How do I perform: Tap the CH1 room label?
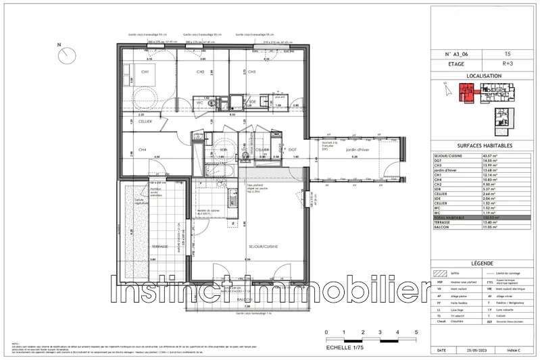click(x=145, y=72)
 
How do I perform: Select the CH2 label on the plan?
click(x=201, y=72)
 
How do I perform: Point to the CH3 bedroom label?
click(x=251, y=72)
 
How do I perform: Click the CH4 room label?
click(x=143, y=149)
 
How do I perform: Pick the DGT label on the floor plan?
click(x=293, y=149)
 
